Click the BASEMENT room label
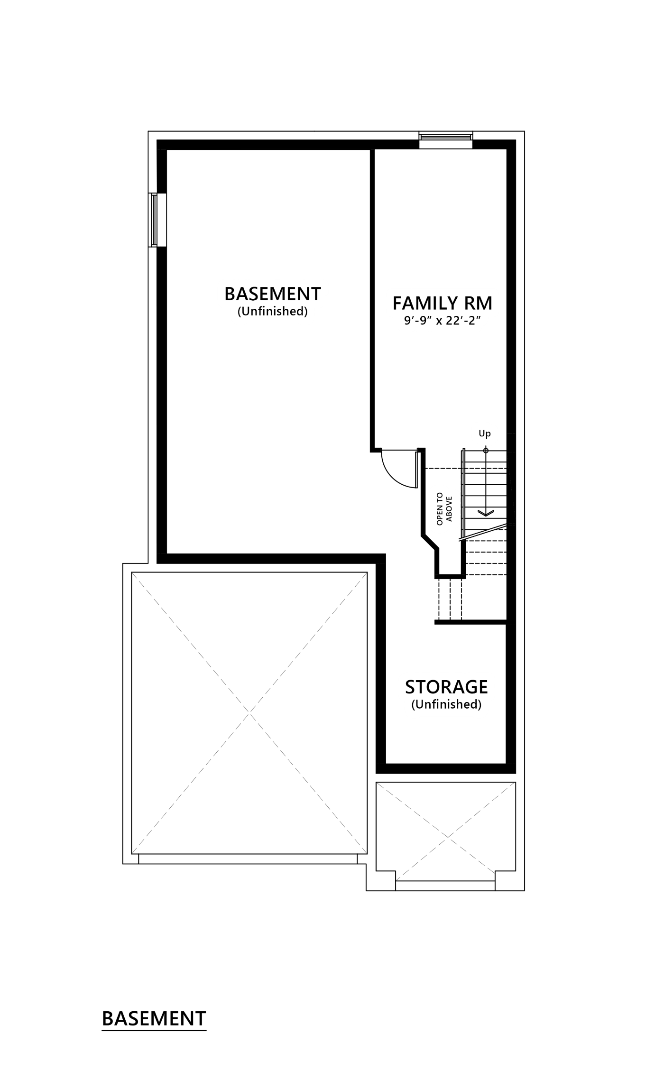pyautogui.click(x=273, y=294)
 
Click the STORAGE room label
pyautogui.click(x=446, y=687)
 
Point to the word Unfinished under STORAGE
pyautogui.click(x=446, y=704)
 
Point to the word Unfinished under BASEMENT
pyautogui.click(x=273, y=312)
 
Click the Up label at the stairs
pyautogui.click(x=484, y=434)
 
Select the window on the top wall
pyautogui.click(x=445, y=137)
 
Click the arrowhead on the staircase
pyautogui.click(x=485, y=513)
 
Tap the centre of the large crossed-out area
pyautogui.click(x=250, y=713)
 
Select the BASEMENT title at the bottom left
pyautogui.click(x=154, y=1019)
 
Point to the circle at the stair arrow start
pyautogui.click(x=485, y=450)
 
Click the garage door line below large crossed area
pyautogui.click(x=248, y=858)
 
